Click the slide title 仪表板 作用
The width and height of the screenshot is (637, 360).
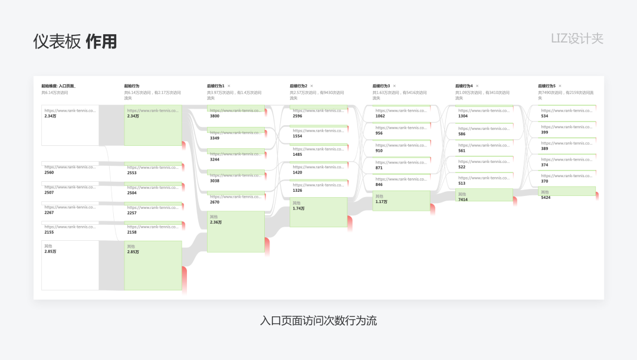click(x=75, y=41)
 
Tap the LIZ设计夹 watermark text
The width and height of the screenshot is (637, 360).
click(x=577, y=39)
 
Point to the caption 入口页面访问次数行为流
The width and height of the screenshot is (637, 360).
click(x=318, y=321)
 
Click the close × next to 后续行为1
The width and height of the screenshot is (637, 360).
click(x=229, y=86)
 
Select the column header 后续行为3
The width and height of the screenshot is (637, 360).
click(x=380, y=86)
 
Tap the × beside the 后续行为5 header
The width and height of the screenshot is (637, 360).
click(x=560, y=86)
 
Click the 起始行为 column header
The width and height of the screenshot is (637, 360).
click(x=132, y=86)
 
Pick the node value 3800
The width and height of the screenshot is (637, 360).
click(x=215, y=116)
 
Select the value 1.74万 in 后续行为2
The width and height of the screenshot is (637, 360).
click(x=299, y=208)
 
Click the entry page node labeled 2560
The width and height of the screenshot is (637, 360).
click(x=49, y=173)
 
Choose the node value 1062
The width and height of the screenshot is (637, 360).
click(x=380, y=116)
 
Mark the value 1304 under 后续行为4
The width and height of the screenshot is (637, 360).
click(x=463, y=116)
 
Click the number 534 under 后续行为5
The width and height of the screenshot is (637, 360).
click(x=544, y=116)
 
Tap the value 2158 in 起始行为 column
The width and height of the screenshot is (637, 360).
click(x=132, y=233)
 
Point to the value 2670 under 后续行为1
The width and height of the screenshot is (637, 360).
click(x=215, y=202)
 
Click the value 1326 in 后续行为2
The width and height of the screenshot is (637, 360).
click(x=297, y=191)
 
